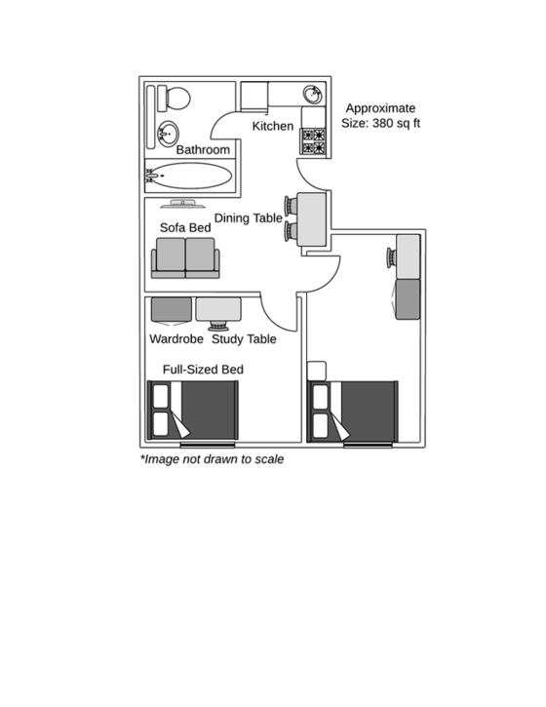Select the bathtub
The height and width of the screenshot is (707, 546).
coord(190,177)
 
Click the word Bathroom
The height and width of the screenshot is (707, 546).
coord(203,150)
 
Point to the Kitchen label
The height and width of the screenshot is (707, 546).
coord(272,127)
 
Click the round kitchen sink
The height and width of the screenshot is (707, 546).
coord(312,96)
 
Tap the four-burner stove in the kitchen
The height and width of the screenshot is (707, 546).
coord(313,142)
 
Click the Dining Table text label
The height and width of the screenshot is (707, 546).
coord(249,218)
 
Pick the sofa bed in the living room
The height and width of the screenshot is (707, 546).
coord(185,257)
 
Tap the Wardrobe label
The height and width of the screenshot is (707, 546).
coord(175,339)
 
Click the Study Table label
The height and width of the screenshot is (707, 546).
coord(244,339)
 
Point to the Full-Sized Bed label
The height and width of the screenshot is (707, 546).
coord(203,370)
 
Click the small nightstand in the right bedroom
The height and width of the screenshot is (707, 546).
coord(316,371)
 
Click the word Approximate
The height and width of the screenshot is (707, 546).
coord(380,108)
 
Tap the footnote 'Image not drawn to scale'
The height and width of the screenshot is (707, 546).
coord(213,458)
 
